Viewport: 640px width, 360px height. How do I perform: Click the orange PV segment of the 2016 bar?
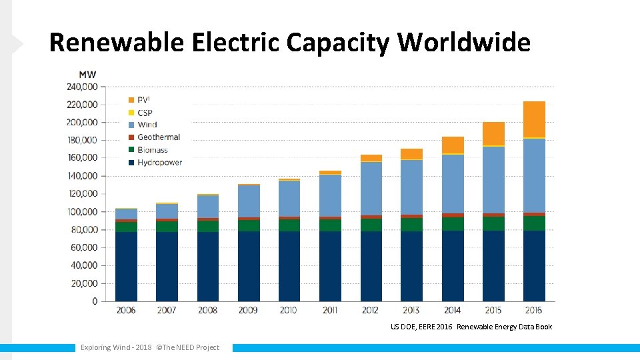coord(534,119)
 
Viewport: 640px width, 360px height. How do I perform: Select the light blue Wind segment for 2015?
coord(493,180)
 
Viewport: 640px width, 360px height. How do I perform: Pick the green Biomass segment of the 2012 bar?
coord(371,225)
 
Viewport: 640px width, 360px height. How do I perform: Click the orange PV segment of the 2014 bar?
coord(453,145)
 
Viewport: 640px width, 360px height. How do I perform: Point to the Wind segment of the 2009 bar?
coord(249,201)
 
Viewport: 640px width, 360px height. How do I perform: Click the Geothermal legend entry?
coord(159,137)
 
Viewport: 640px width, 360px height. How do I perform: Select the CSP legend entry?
coord(145,113)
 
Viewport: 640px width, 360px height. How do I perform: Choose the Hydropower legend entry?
coord(159,162)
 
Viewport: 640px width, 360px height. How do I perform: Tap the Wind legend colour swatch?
coord(131,125)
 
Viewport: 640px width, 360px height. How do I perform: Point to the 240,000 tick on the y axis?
coord(81,87)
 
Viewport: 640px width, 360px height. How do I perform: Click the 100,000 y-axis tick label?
coord(81,212)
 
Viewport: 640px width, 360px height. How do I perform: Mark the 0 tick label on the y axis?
coord(94,301)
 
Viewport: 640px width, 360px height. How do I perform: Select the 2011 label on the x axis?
coord(330,311)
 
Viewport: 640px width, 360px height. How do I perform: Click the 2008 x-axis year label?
coord(207,311)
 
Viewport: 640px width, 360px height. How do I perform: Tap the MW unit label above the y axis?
coord(87,74)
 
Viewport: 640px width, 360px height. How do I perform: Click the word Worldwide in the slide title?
coord(464,43)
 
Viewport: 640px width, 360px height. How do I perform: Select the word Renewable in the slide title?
coord(116,43)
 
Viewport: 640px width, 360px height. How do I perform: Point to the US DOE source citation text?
coord(471,327)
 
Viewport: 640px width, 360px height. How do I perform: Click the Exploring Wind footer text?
coord(149,347)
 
